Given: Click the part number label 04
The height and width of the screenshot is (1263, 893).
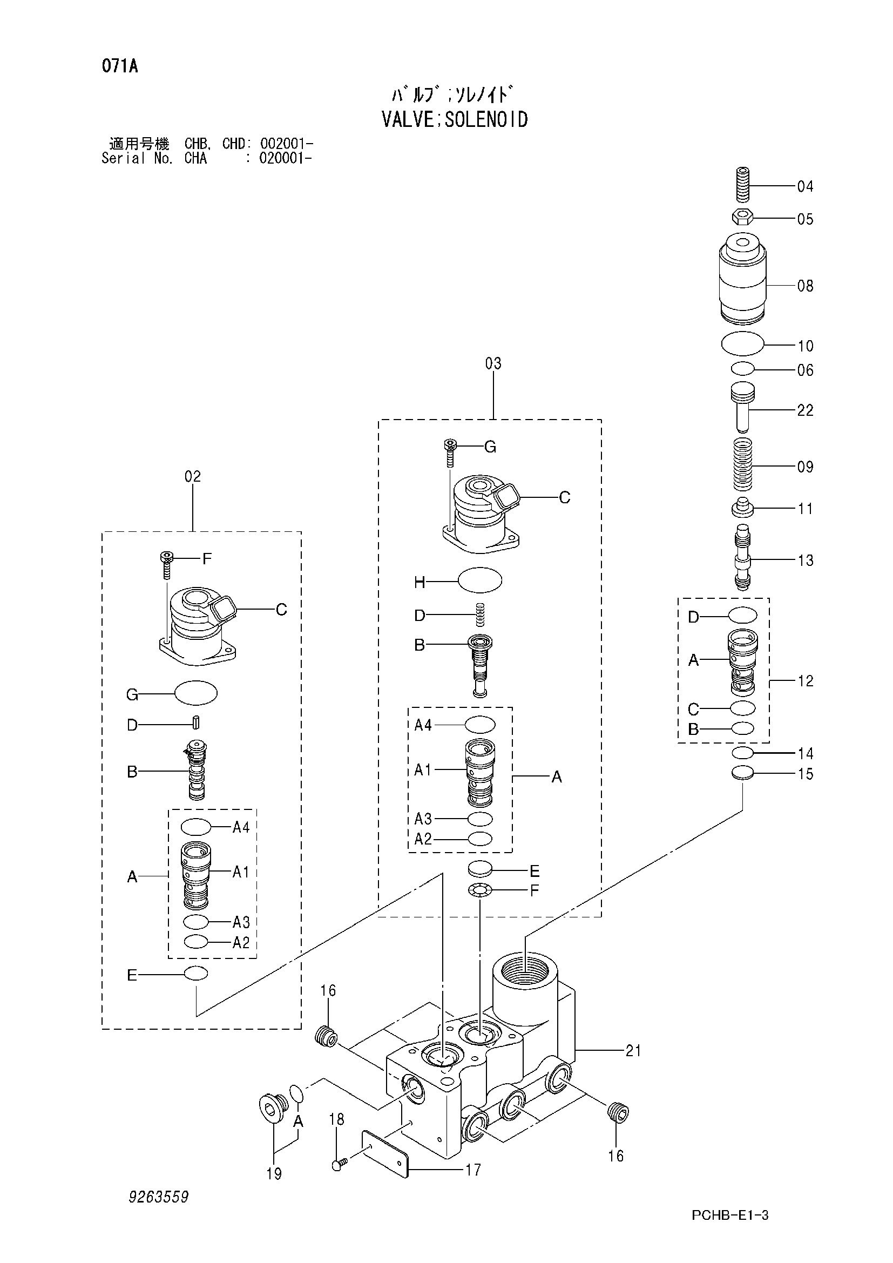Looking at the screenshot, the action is click(805, 186).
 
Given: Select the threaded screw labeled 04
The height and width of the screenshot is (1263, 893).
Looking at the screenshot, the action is click(742, 184).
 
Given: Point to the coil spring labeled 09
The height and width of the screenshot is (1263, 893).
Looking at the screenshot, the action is click(742, 465).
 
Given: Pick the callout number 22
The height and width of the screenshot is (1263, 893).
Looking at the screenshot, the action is click(805, 410).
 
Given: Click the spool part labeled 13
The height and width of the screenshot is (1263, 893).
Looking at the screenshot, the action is click(742, 557).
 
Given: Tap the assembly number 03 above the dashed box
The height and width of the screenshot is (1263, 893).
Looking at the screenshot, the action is click(493, 363).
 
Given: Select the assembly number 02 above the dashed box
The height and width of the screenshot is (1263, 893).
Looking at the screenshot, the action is click(192, 476).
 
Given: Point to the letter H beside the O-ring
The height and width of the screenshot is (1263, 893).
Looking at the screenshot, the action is click(420, 582).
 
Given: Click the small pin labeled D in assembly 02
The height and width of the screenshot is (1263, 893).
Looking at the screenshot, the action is click(197, 722).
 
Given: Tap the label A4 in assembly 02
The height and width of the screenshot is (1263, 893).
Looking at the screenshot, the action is click(241, 827).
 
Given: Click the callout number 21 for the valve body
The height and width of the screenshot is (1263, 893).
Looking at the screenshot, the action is click(633, 1051).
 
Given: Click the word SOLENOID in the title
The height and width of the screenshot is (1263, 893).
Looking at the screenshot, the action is click(486, 119).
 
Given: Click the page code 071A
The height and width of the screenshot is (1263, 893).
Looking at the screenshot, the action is click(119, 66).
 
